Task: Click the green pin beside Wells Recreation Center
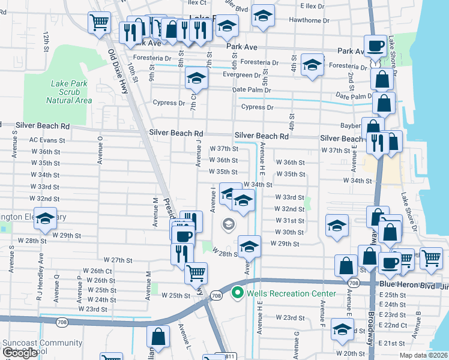pyautogui.click(x=237, y=293)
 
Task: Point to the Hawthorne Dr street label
pyautogui.click(x=309, y=20)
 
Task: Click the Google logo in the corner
pyautogui.click(x=19, y=353)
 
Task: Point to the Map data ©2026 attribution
pyautogui.click(x=423, y=355)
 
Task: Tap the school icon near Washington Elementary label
pyautogui.click(x=45, y=220)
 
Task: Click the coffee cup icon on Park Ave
pyautogui.click(x=376, y=45)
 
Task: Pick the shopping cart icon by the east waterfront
pyautogui.click(x=430, y=257)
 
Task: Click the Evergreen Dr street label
pyautogui.click(x=241, y=76)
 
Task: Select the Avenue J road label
pyautogui.click(x=197, y=154)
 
